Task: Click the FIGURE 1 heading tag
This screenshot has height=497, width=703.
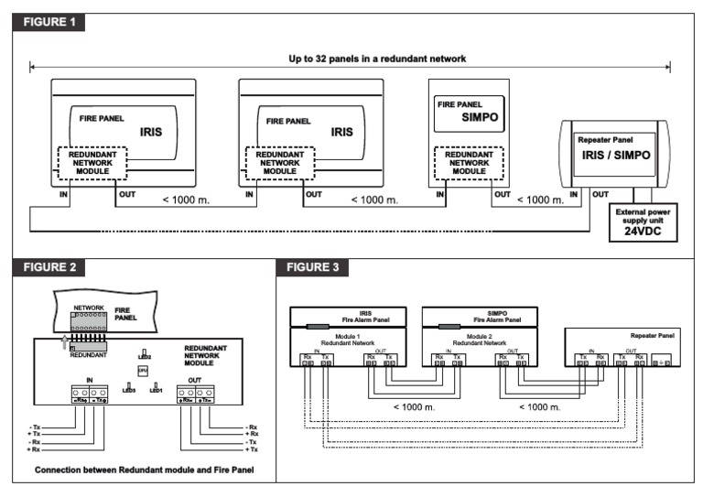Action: pyautogui.click(x=49, y=22)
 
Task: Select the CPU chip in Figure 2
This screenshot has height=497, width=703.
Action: pyautogui.click(x=142, y=370)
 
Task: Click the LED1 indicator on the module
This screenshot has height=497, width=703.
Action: pyautogui.click(x=156, y=388)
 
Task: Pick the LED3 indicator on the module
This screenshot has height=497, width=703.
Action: pyautogui.click(x=128, y=388)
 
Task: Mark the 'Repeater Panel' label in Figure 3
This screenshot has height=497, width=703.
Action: pyautogui.click(x=652, y=336)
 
